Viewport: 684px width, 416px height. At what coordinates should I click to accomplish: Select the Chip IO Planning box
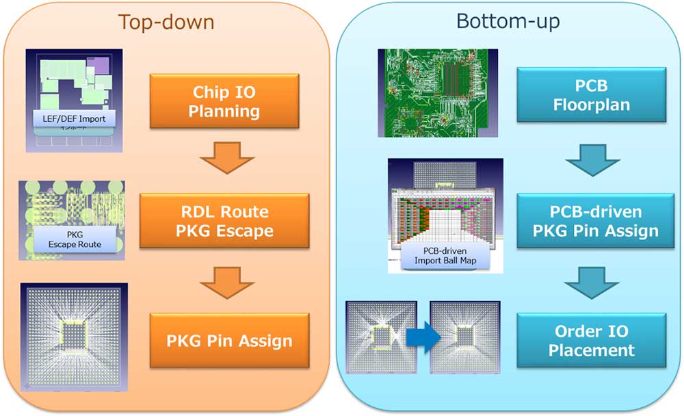(x=224, y=101)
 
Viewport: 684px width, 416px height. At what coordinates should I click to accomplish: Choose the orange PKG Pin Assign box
(x=229, y=340)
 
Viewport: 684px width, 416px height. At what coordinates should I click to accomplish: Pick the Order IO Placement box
(x=592, y=341)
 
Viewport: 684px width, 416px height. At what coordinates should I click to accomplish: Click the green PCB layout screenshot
(x=438, y=93)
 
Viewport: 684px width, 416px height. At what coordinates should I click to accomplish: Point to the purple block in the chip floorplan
(x=98, y=66)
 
